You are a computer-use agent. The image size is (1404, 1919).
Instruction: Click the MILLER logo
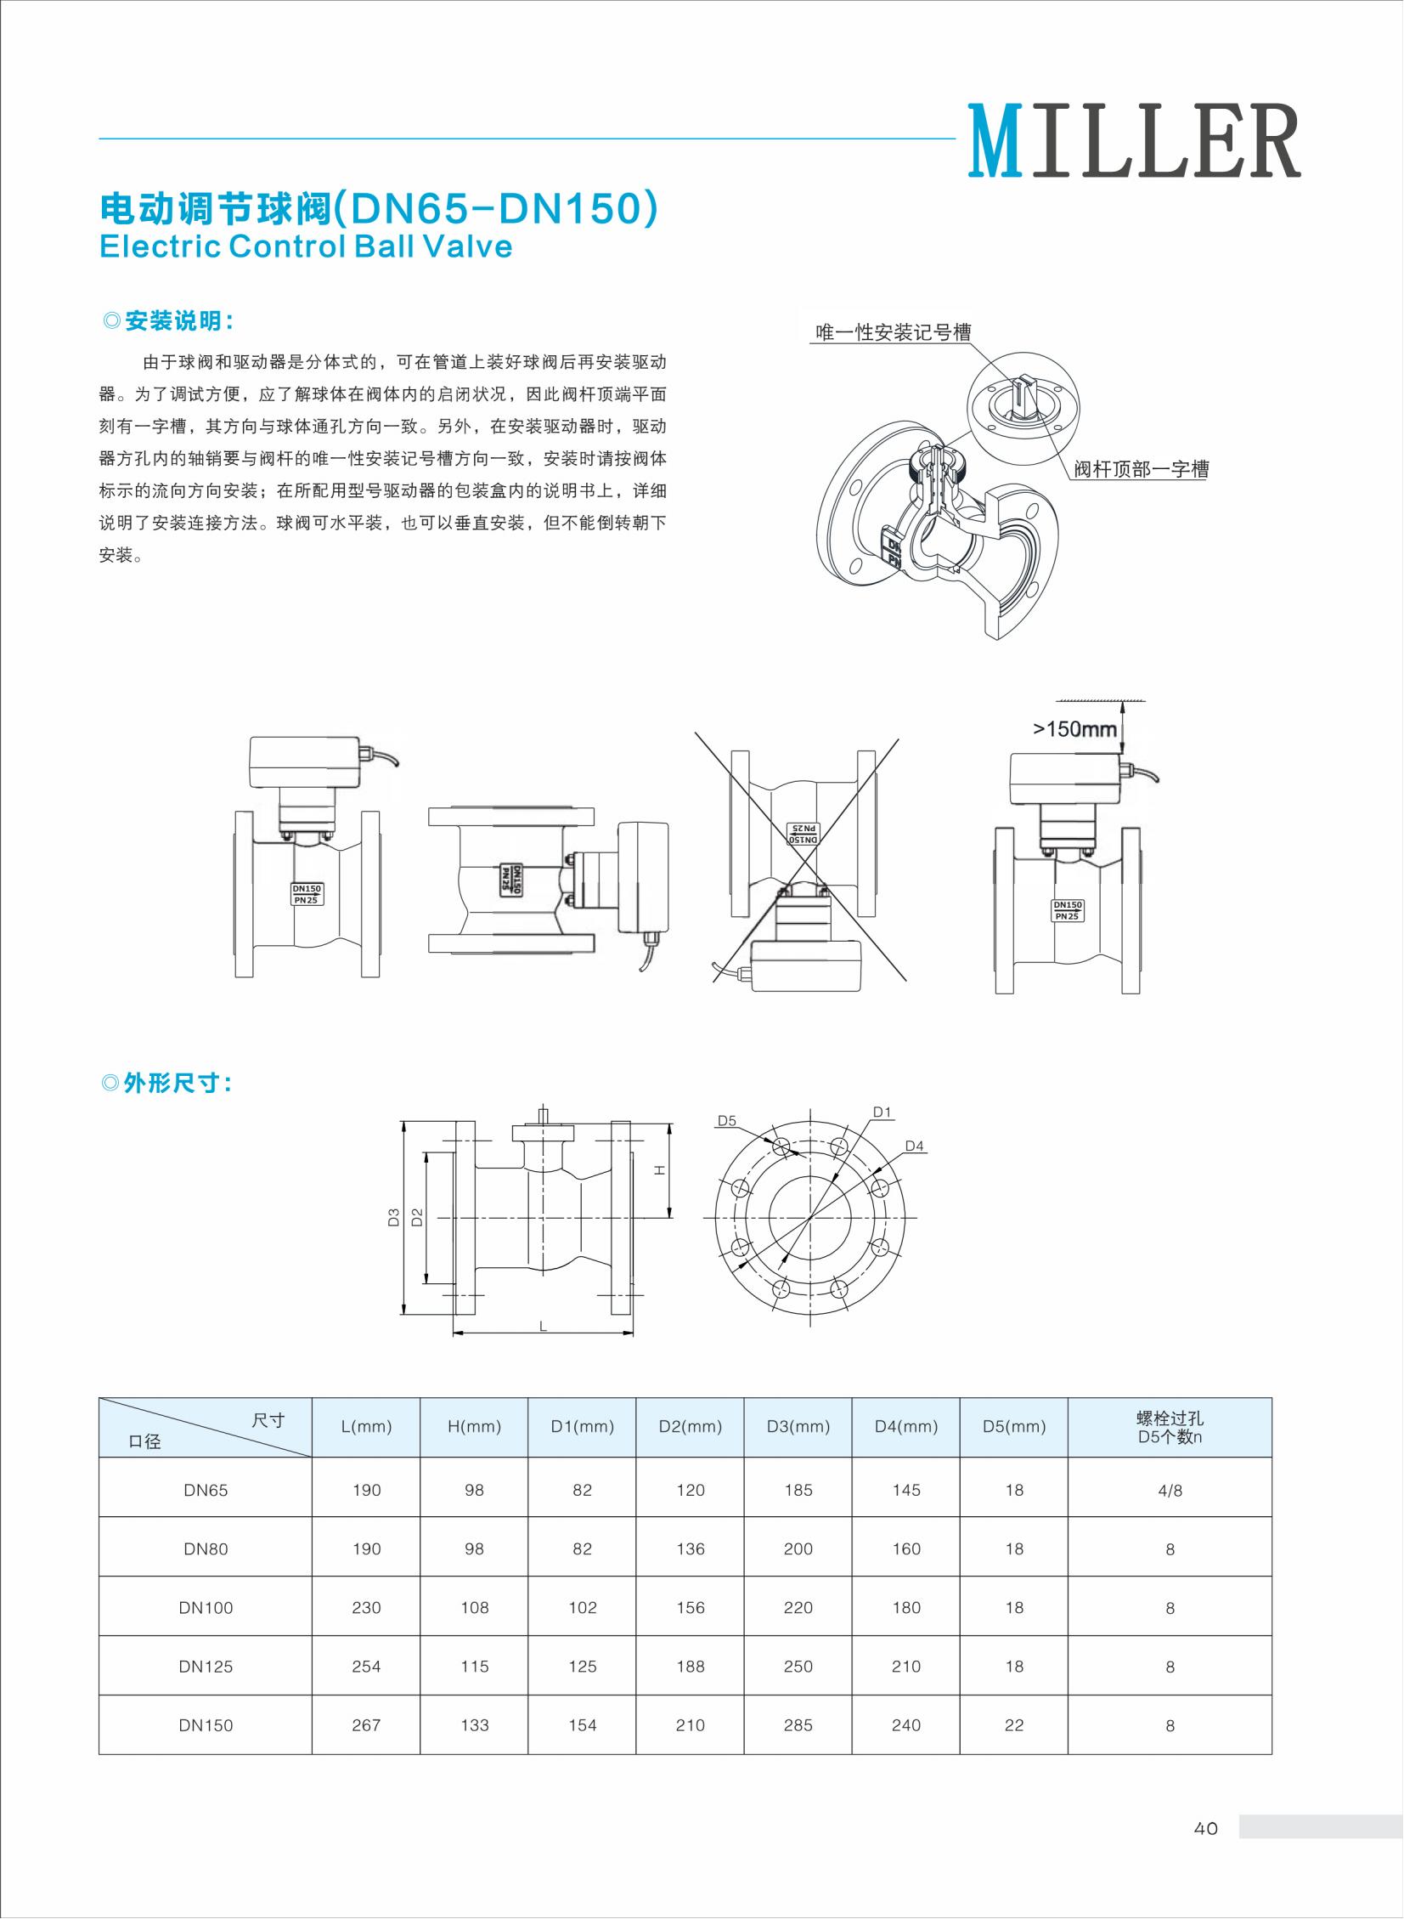pyautogui.click(x=1134, y=141)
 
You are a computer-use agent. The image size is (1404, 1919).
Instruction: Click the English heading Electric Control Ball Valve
pyautogui.click(x=306, y=246)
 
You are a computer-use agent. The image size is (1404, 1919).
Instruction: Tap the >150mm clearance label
pyautogui.click(x=1074, y=728)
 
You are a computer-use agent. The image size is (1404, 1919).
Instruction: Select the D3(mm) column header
pyautogui.click(x=798, y=1427)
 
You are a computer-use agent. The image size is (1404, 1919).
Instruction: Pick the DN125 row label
pyautogui.click(x=206, y=1667)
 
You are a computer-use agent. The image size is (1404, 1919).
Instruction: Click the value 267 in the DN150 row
pyautogui.click(x=366, y=1725)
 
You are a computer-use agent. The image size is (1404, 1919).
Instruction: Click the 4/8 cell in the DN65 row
pyautogui.click(x=1170, y=1491)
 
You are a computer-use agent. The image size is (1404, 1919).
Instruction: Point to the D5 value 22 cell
pyautogui.click(x=1014, y=1725)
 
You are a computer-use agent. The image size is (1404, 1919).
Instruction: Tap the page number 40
pyautogui.click(x=1205, y=1828)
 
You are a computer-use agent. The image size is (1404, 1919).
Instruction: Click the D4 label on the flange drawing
pyautogui.click(x=915, y=1146)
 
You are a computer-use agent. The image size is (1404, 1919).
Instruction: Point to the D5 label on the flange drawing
pyautogui.click(x=727, y=1121)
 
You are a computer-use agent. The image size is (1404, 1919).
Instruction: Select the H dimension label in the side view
pyautogui.click(x=659, y=1171)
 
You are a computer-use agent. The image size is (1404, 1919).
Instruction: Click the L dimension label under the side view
pyautogui.click(x=543, y=1327)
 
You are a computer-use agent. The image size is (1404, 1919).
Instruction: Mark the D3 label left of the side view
pyautogui.click(x=393, y=1217)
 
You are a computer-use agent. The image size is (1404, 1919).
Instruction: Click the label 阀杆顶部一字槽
pyautogui.click(x=1141, y=469)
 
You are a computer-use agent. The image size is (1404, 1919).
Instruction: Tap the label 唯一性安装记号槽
pyautogui.click(x=894, y=332)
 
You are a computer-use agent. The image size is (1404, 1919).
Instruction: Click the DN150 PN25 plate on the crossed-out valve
pyautogui.click(x=803, y=833)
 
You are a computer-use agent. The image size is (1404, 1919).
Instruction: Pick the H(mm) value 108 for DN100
pyautogui.click(x=474, y=1608)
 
